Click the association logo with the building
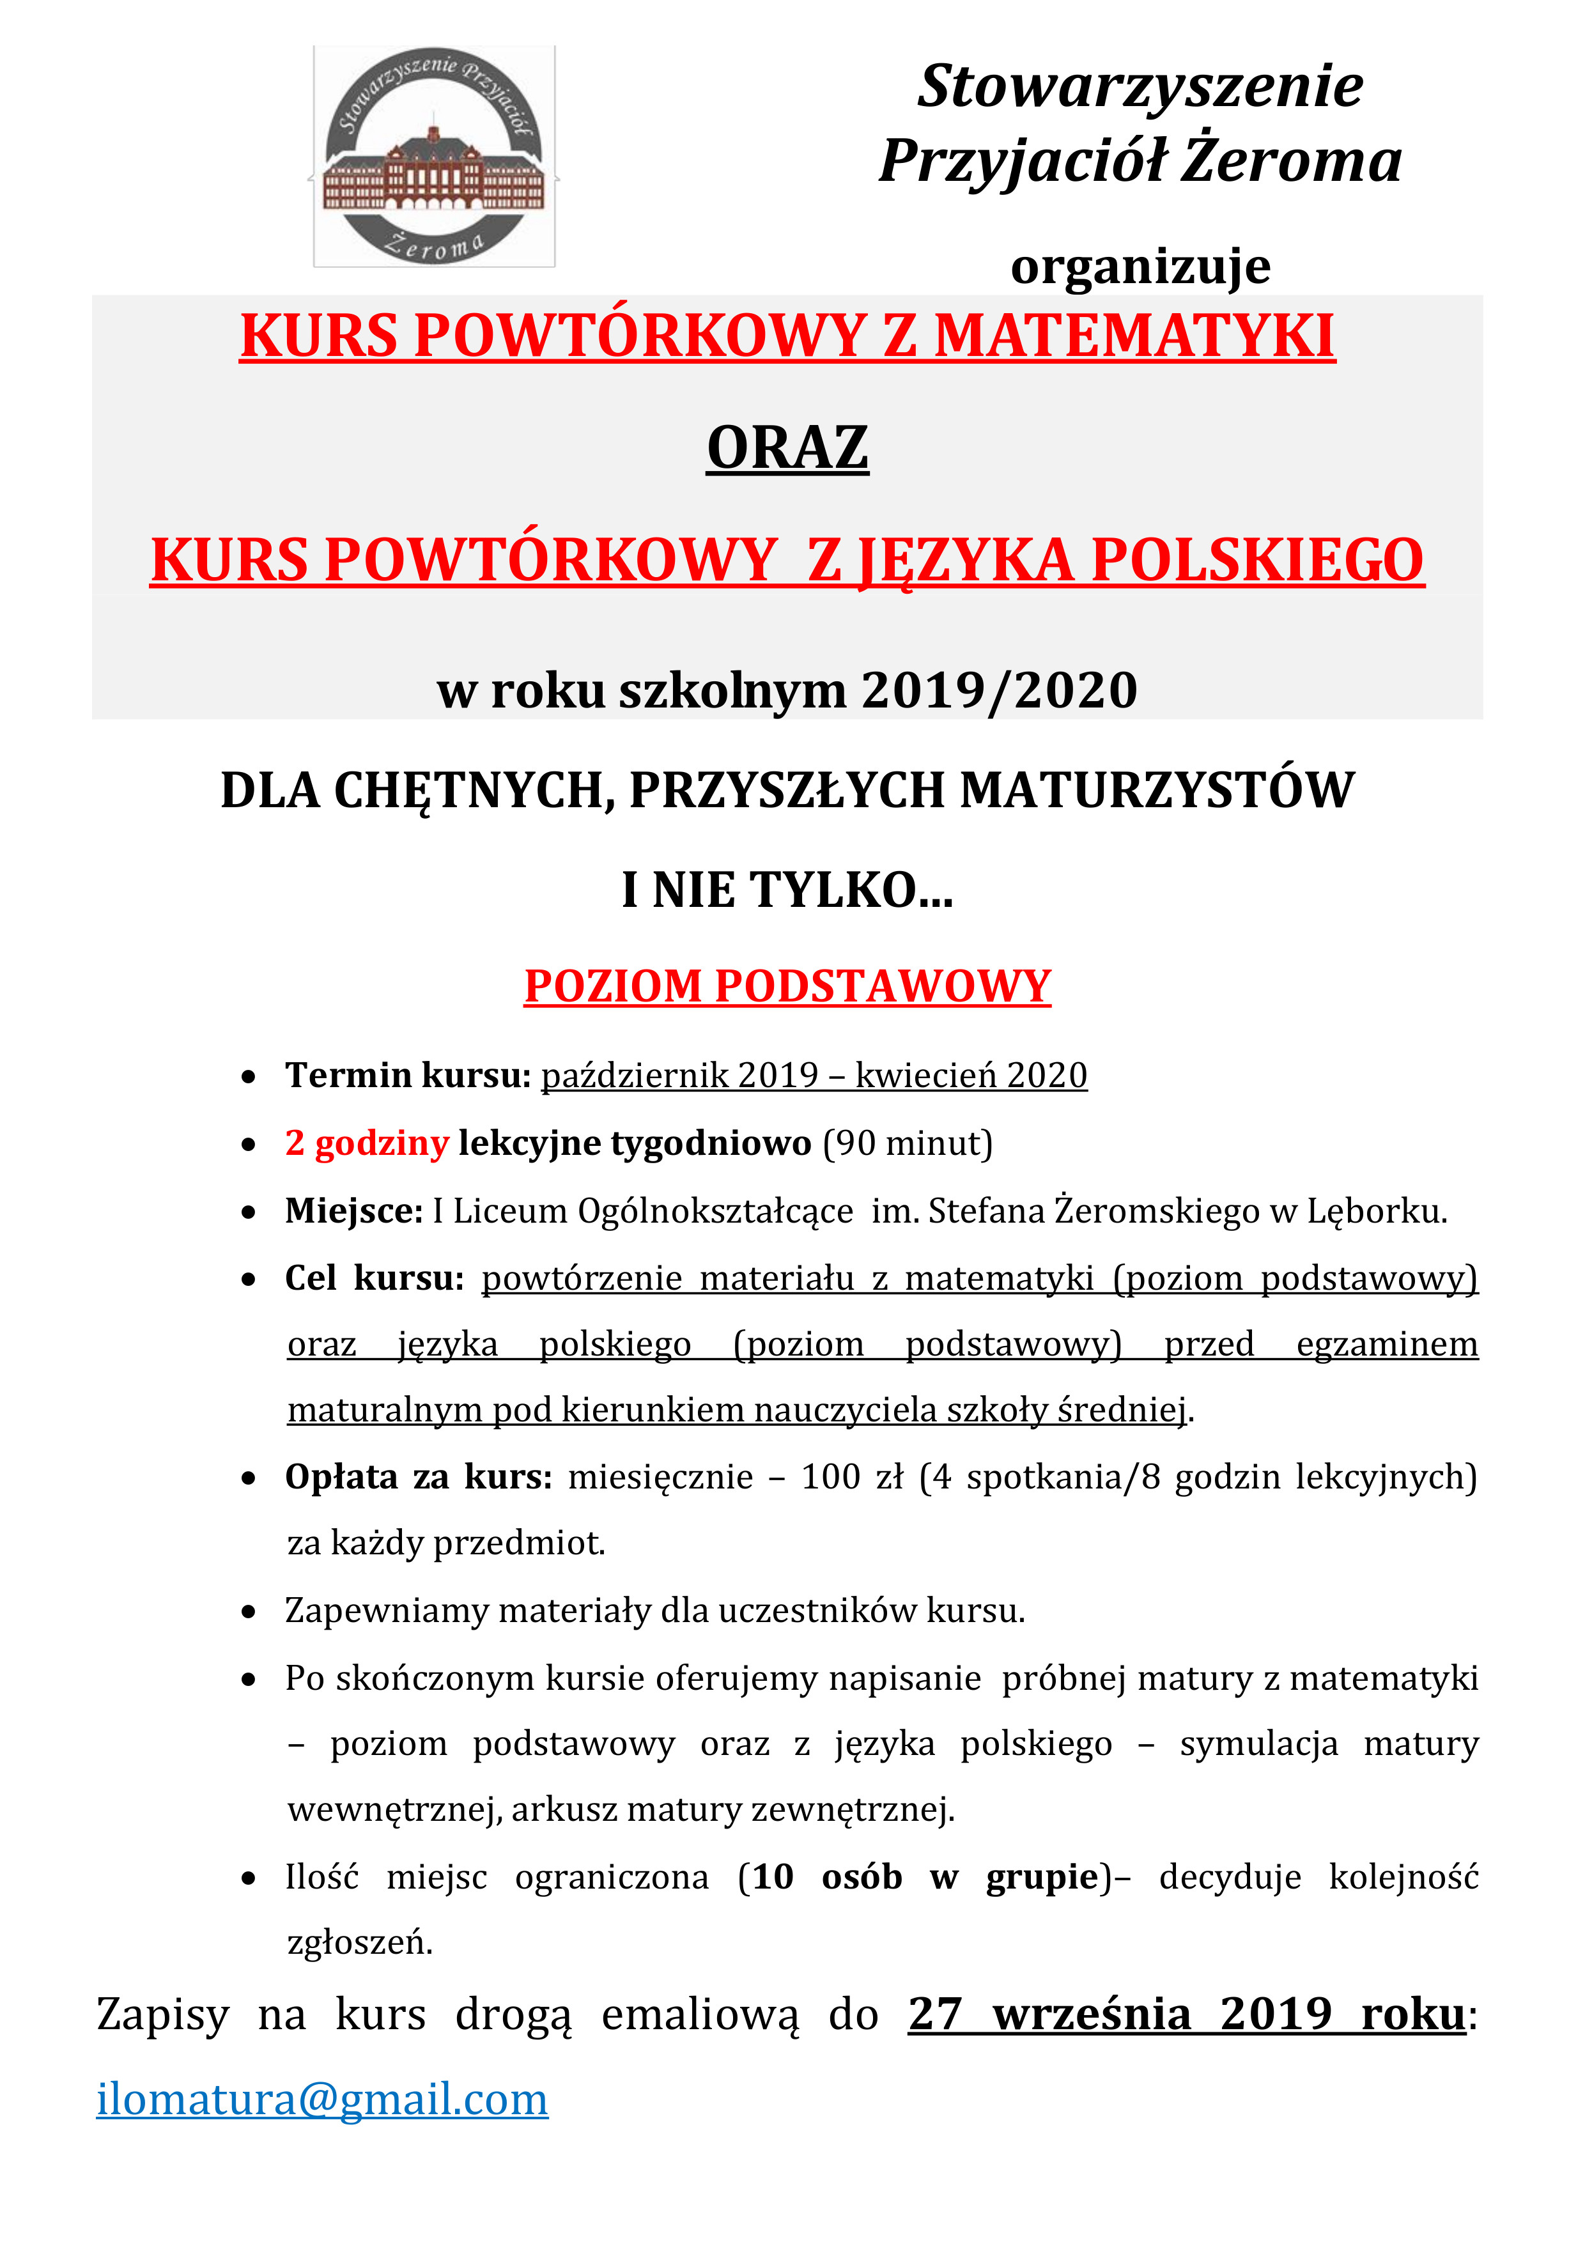pyautogui.click(x=433, y=156)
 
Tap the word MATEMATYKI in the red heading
pyautogui.click(x=1134, y=337)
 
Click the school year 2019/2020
pyautogui.click(x=999, y=690)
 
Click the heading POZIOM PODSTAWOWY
pyautogui.click(x=787, y=986)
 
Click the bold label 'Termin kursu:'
pyautogui.click(x=407, y=1074)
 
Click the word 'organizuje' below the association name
pyautogui.click(x=1140, y=266)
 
